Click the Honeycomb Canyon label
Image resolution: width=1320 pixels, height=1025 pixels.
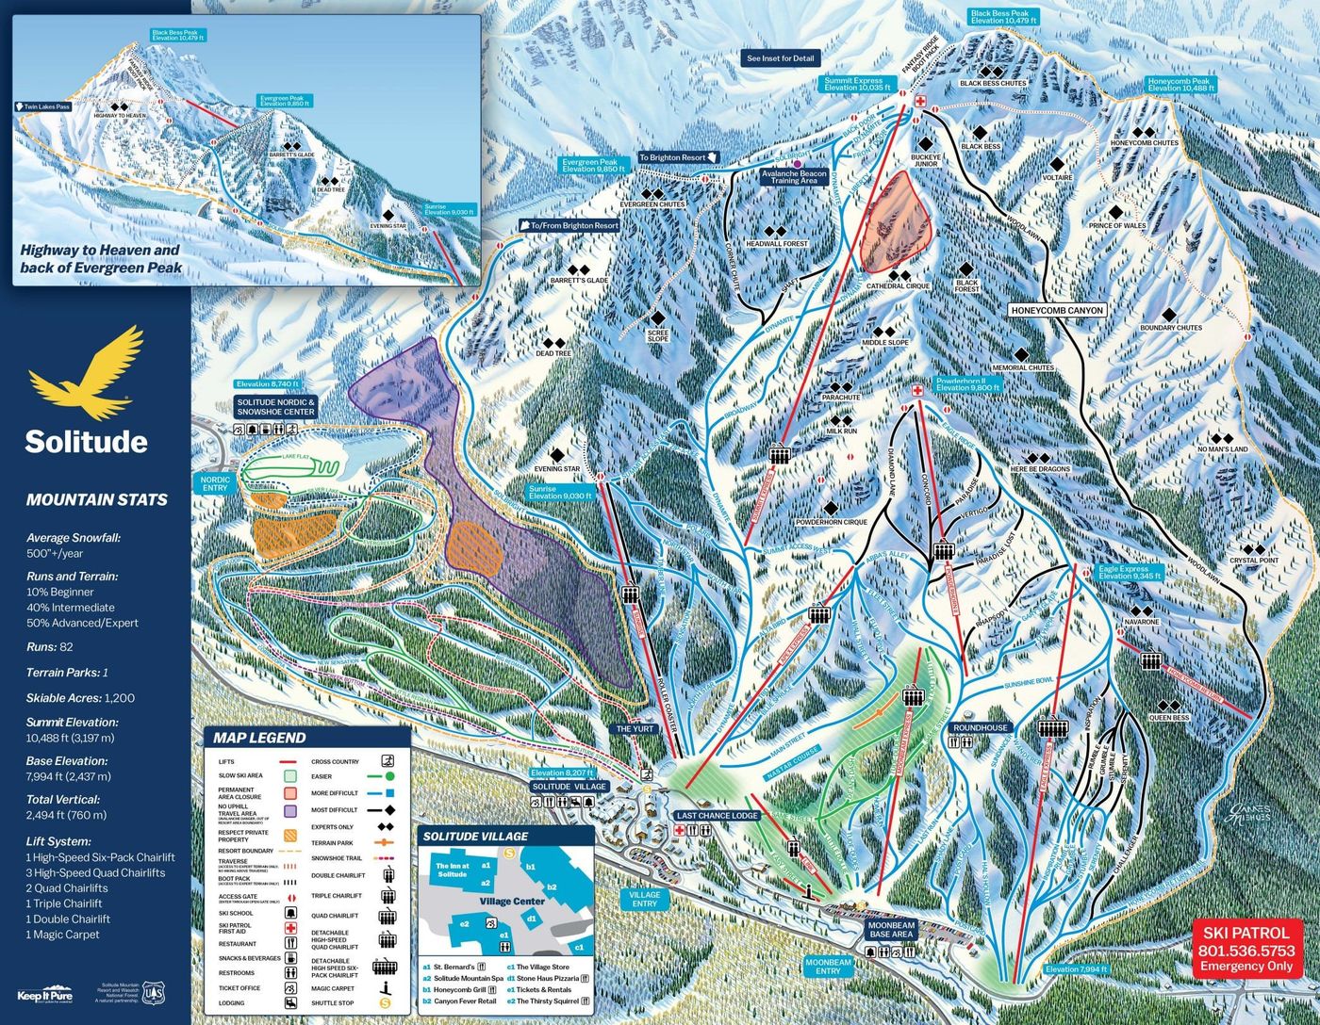(x=1056, y=310)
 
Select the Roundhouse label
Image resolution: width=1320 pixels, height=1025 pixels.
(x=981, y=728)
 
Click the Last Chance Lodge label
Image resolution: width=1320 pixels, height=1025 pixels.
(x=717, y=816)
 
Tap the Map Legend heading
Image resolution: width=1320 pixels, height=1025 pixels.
(x=259, y=738)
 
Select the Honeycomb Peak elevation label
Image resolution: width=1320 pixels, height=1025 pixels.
(x=1180, y=85)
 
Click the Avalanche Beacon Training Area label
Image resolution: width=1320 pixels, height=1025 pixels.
(x=794, y=176)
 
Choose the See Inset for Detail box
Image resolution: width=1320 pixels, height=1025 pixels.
(x=780, y=58)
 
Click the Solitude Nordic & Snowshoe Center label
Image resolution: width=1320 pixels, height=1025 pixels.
(x=275, y=406)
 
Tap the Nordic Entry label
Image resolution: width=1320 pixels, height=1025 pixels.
(x=215, y=483)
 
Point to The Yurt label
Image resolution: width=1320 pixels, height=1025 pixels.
(x=635, y=729)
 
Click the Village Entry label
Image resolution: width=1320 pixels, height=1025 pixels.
(x=645, y=899)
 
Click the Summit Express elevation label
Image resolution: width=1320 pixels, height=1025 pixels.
(x=856, y=85)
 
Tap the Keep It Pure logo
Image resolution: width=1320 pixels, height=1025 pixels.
(x=44, y=996)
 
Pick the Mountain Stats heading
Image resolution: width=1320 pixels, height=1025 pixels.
(x=97, y=500)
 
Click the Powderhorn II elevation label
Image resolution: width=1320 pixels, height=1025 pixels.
(x=965, y=384)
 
